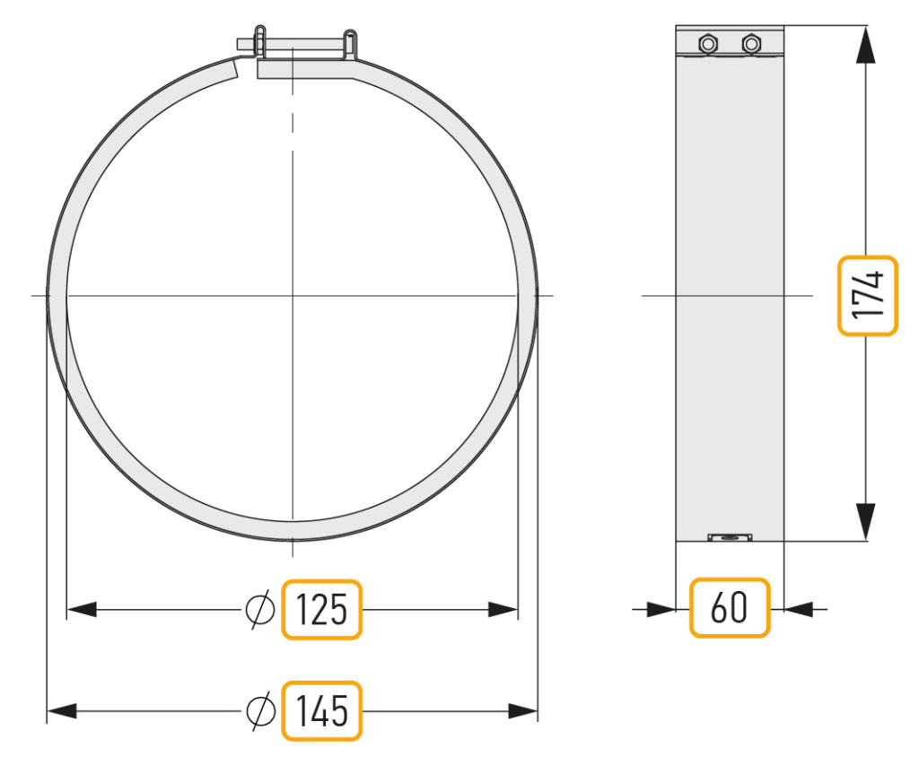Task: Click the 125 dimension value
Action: pyautogui.click(x=322, y=609)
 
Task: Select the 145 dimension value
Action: pyautogui.click(x=322, y=711)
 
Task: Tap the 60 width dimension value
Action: pyautogui.click(x=729, y=607)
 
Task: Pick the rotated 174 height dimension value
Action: pyautogui.click(x=868, y=295)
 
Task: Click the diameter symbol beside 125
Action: pyautogui.click(x=260, y=609)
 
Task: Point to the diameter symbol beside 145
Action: pyautogui.click(x=260, y=711)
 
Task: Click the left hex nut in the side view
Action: pyautogui.click(x=708, y=43)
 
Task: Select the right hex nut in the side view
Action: pyautogui.click(x=751, y=43)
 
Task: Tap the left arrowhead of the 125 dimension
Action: pyautogui.click(x=82, y=609)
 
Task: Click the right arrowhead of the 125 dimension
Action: pyautogui.click(x=503, y=609)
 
